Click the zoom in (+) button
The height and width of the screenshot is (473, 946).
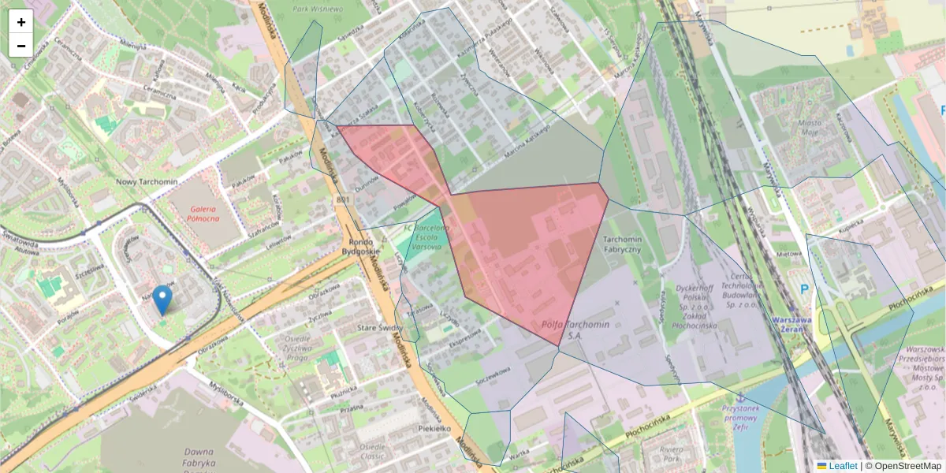pyautogui.click(x=21, y=22)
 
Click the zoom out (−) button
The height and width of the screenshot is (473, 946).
pyautogui.click(x=21, y=46)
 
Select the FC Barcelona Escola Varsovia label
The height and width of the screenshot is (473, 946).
pyautogui.click(x=426, y=236)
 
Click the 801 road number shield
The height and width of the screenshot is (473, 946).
pyautogui.click(x=342, y=200)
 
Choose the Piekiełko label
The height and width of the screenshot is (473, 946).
pyautogui.click(x=434, y=429)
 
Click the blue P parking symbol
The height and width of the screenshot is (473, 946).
pyautogui.click(x=805, y=289)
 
